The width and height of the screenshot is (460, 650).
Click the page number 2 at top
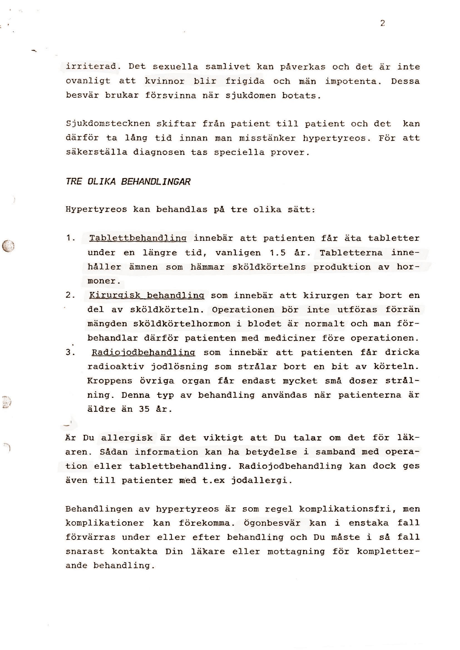[382, 24]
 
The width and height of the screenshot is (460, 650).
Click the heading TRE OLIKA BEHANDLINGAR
[128, 182]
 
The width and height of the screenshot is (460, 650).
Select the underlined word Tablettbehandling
[138, 238]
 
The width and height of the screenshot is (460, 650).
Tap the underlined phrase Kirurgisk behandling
[147, 296]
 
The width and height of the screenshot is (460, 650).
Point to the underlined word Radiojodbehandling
[143, 353]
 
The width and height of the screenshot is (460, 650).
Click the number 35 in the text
[144, 409]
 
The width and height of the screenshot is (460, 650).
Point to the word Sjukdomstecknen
[108, 124]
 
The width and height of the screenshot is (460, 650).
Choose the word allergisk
[127, 438]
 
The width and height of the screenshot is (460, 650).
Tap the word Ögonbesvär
[272, 524]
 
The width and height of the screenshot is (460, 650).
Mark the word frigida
[245, 81]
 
